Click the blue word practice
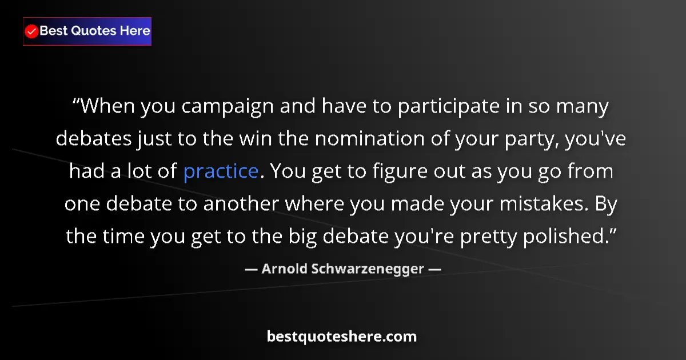[x=221, y=171]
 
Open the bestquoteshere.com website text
[x=342, y=337]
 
